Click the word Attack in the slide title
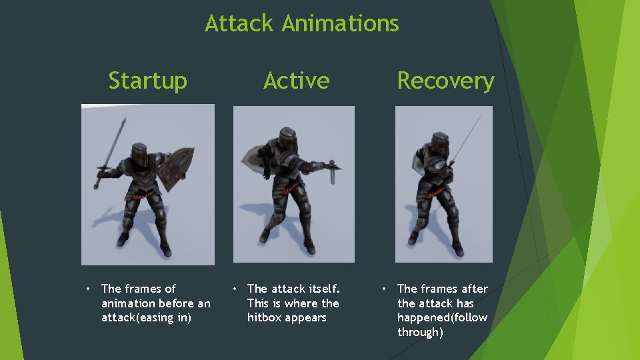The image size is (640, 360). (239, 24)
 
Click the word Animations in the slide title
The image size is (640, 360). (340, 24)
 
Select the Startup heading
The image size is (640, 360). (147, 81)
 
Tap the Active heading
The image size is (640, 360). (296, 81)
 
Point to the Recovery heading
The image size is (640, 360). (445, 81)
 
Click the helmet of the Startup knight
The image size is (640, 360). (139, 155)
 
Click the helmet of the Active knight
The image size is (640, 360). (285, 141)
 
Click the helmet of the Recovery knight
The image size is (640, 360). (439, 145)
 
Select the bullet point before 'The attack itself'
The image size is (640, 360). (234, 289)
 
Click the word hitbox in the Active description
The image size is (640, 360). (265, 318)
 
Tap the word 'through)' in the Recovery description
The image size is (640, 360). (420, 333)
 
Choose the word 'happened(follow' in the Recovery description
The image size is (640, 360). (442, 318)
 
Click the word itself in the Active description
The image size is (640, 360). (324, 289)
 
